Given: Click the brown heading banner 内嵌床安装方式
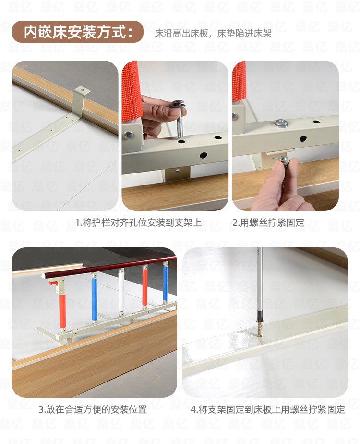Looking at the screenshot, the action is pos(77,32).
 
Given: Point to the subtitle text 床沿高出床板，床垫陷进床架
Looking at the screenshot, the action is pos(213,34).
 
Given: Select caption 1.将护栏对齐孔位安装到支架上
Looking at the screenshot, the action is pos(138,222).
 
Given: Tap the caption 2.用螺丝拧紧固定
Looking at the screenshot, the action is pos(268,222).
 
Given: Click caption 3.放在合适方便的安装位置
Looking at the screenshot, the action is pos(93,409).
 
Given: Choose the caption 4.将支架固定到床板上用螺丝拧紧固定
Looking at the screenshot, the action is pos(267,409).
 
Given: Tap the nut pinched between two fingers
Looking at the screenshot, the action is pos(284,160).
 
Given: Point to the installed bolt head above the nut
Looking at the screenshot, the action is pos(281,123).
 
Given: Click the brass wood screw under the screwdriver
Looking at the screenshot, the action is pos(260,328).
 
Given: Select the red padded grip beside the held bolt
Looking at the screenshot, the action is pos(132,91).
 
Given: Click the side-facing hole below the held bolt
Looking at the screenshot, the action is pos(204,155).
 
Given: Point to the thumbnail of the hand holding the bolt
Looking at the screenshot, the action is pos(175,136).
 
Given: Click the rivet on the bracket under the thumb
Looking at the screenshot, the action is pos(129,135).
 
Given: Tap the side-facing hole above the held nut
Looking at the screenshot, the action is pos(303,139).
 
